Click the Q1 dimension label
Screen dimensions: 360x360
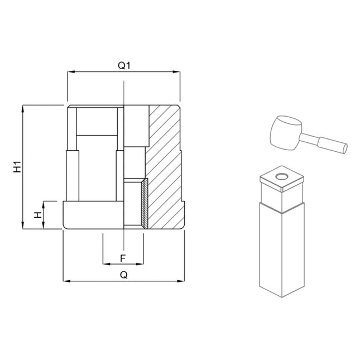click(123, 66)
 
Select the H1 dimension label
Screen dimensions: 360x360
click(17, 166)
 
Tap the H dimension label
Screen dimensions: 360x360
click(37, 215)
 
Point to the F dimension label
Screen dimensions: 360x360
click(123, 258)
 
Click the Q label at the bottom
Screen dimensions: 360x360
click(123, 275)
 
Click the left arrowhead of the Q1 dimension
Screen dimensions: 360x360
click(69, 72)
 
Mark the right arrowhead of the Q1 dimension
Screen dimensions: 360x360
click(178, 72)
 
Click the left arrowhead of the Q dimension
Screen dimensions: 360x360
click(65, 281)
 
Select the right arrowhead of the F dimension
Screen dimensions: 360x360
click(142, 263)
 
